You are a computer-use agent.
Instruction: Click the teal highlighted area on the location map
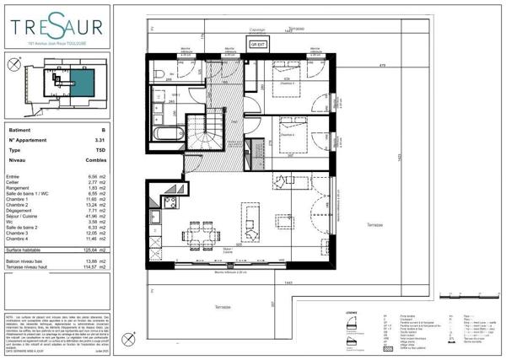tap(81, 83)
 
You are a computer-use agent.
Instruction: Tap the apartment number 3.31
tap(100, 139)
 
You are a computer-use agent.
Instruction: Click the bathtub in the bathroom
tap(169, 132)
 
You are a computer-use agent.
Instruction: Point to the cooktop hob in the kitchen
tap(169, 202)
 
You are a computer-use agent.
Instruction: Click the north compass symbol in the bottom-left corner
tap(128, 340)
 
